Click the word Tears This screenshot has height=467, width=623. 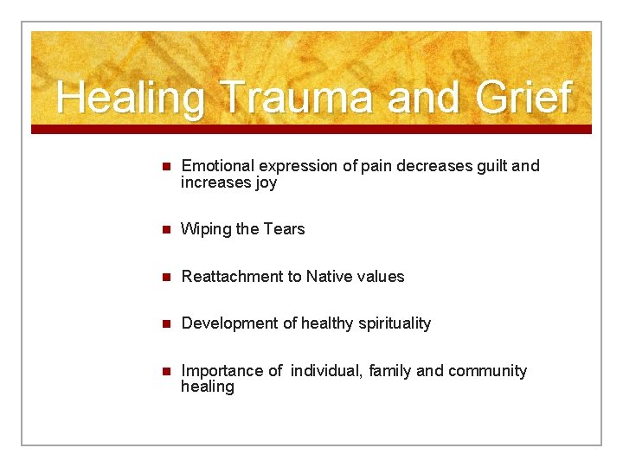pyautogui.click(x=284, y=229)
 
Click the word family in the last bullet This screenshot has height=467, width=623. pyautogui.click(x=390, y=371)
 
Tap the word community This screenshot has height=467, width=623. pyautogui.click(x=487, y=371)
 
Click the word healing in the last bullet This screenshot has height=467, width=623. pyautogui.click(x=208, y=387)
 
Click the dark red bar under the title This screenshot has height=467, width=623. pyautogui.click(x=311, y=130)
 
